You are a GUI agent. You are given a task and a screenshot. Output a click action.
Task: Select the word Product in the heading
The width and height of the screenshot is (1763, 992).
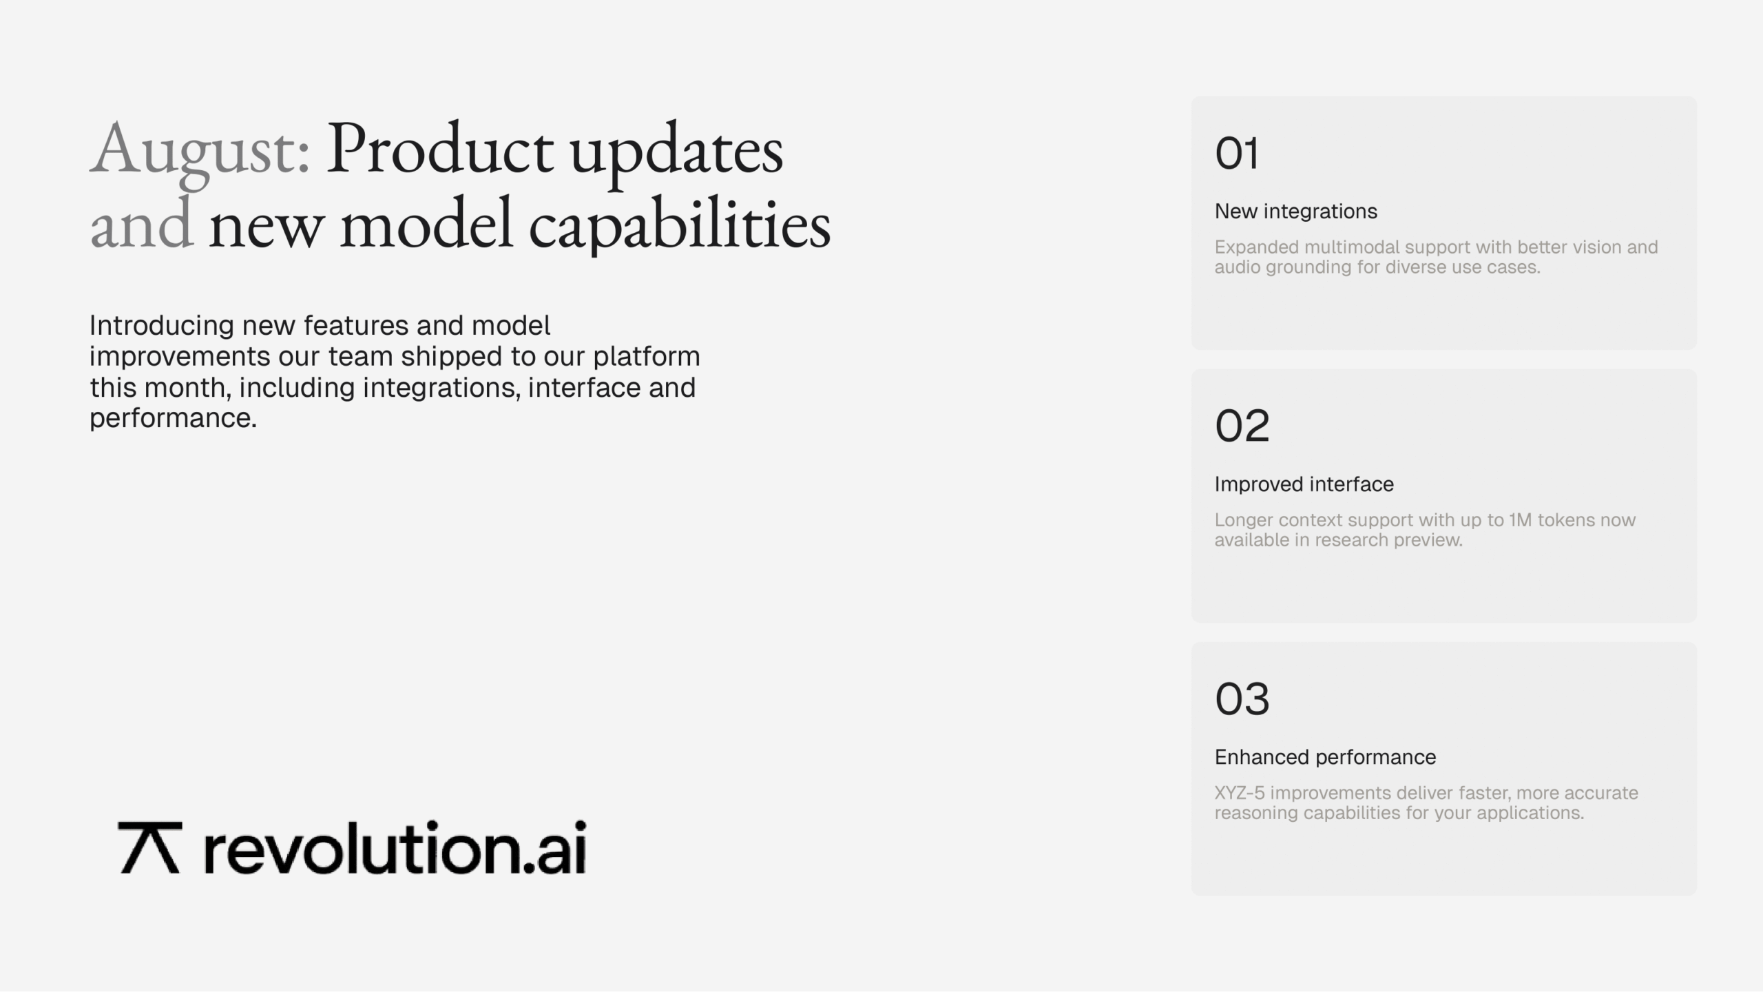439,148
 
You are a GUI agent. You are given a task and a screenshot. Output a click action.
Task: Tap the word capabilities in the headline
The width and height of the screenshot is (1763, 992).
680,225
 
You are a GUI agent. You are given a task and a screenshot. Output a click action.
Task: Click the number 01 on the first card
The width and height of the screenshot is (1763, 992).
1237,153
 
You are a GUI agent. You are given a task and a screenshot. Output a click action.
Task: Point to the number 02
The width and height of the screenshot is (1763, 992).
1242,426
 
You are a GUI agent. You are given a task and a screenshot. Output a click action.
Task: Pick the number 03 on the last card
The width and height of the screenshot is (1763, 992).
1242,699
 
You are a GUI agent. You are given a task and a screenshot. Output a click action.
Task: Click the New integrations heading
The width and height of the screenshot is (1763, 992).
1296,211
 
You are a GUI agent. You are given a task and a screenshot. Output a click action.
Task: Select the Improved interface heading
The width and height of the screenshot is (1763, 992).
1304,484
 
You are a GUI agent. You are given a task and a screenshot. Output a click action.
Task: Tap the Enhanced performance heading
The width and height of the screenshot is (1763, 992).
1326,757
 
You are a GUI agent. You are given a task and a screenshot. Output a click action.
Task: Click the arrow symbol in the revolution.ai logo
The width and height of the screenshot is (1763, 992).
149,847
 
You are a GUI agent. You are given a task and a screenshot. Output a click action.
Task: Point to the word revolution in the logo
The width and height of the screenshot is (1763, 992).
360,847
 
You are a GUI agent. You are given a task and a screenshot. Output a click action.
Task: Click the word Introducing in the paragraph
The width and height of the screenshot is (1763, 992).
163,326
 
